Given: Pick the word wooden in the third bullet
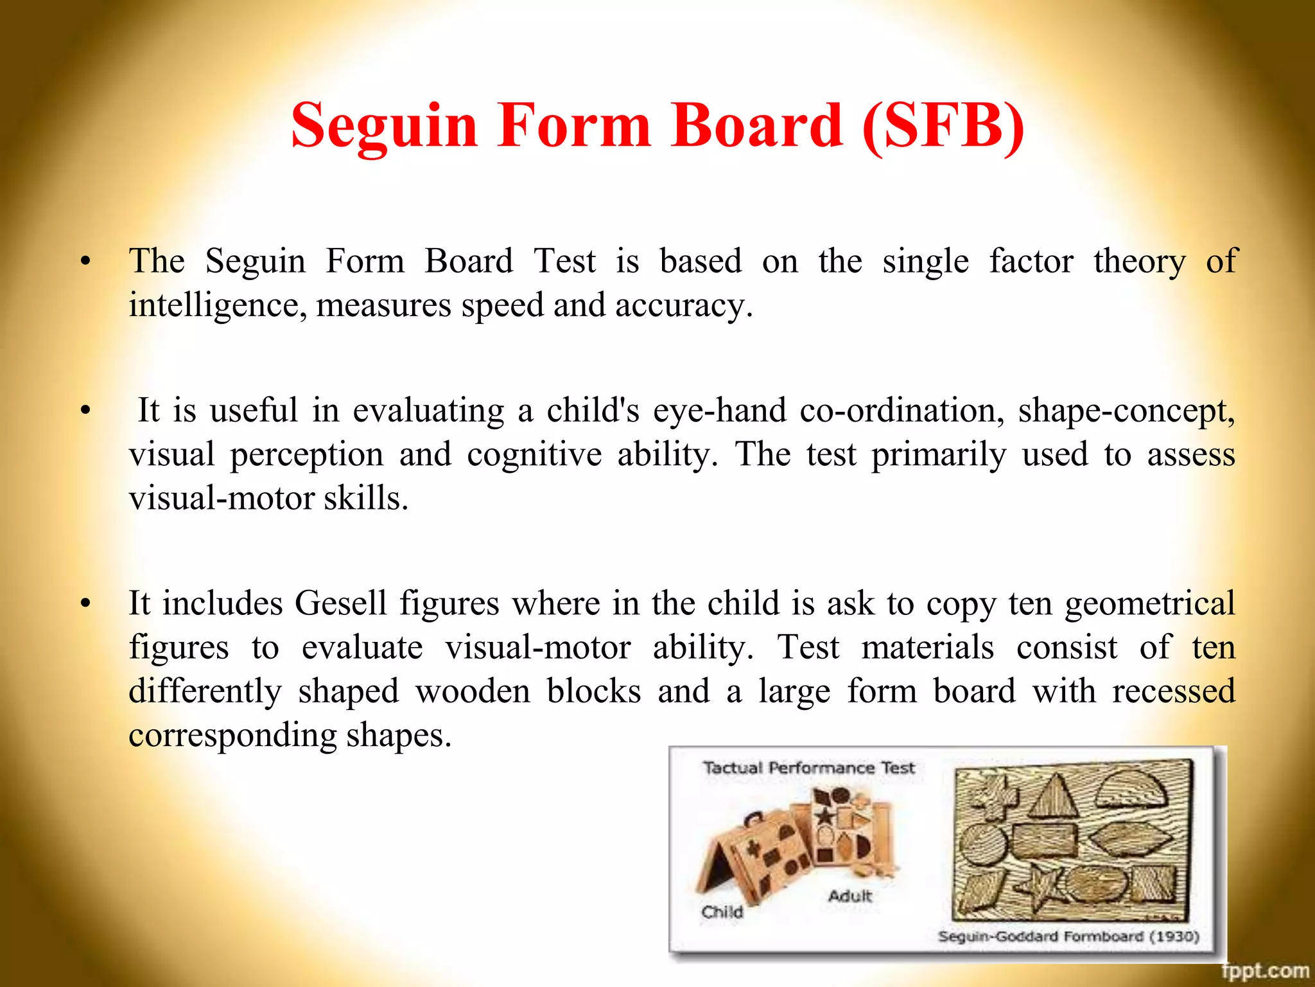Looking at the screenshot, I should tap(473, 691).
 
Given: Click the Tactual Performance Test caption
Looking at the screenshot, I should tap(808, 768).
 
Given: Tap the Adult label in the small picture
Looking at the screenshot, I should tap(849, 896).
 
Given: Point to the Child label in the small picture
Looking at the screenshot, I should tap(722, 912).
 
